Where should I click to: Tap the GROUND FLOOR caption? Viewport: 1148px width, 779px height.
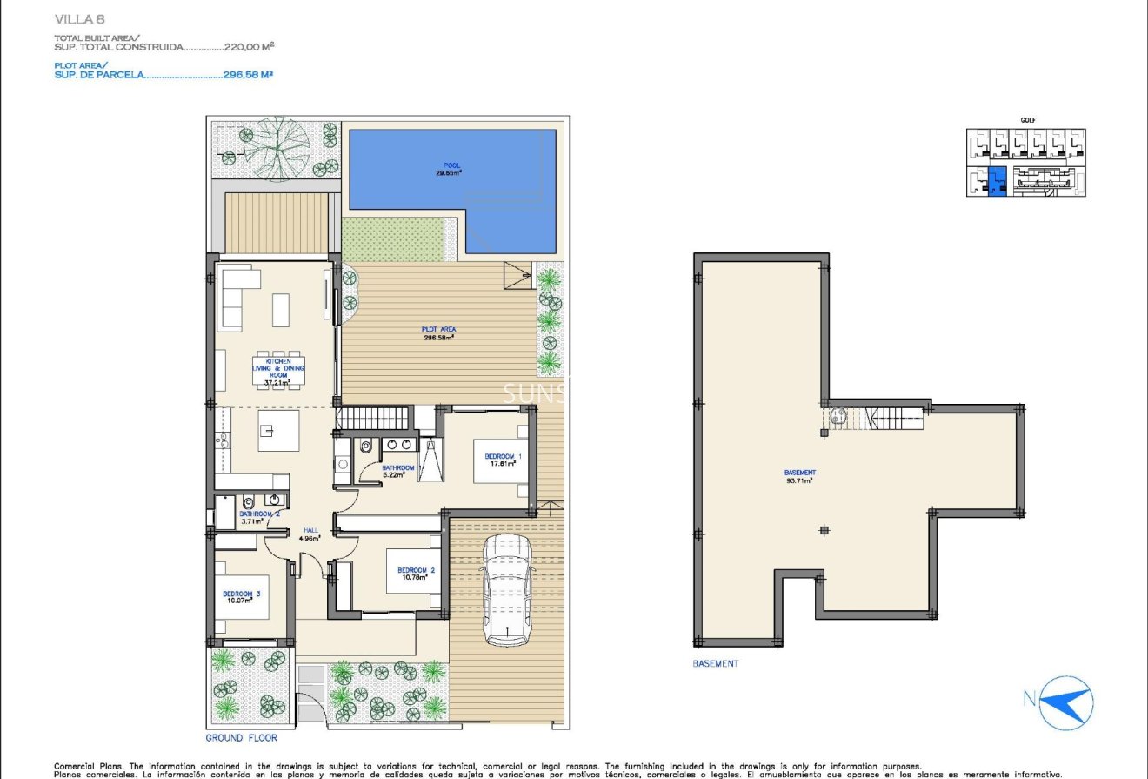(241, 738)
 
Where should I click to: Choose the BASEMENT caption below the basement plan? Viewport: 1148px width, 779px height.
(715, 663)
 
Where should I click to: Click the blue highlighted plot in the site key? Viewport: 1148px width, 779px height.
(998, 181)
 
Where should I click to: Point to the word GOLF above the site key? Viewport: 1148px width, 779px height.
(1028, 121)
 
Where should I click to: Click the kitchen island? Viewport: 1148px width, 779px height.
(278, 431)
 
